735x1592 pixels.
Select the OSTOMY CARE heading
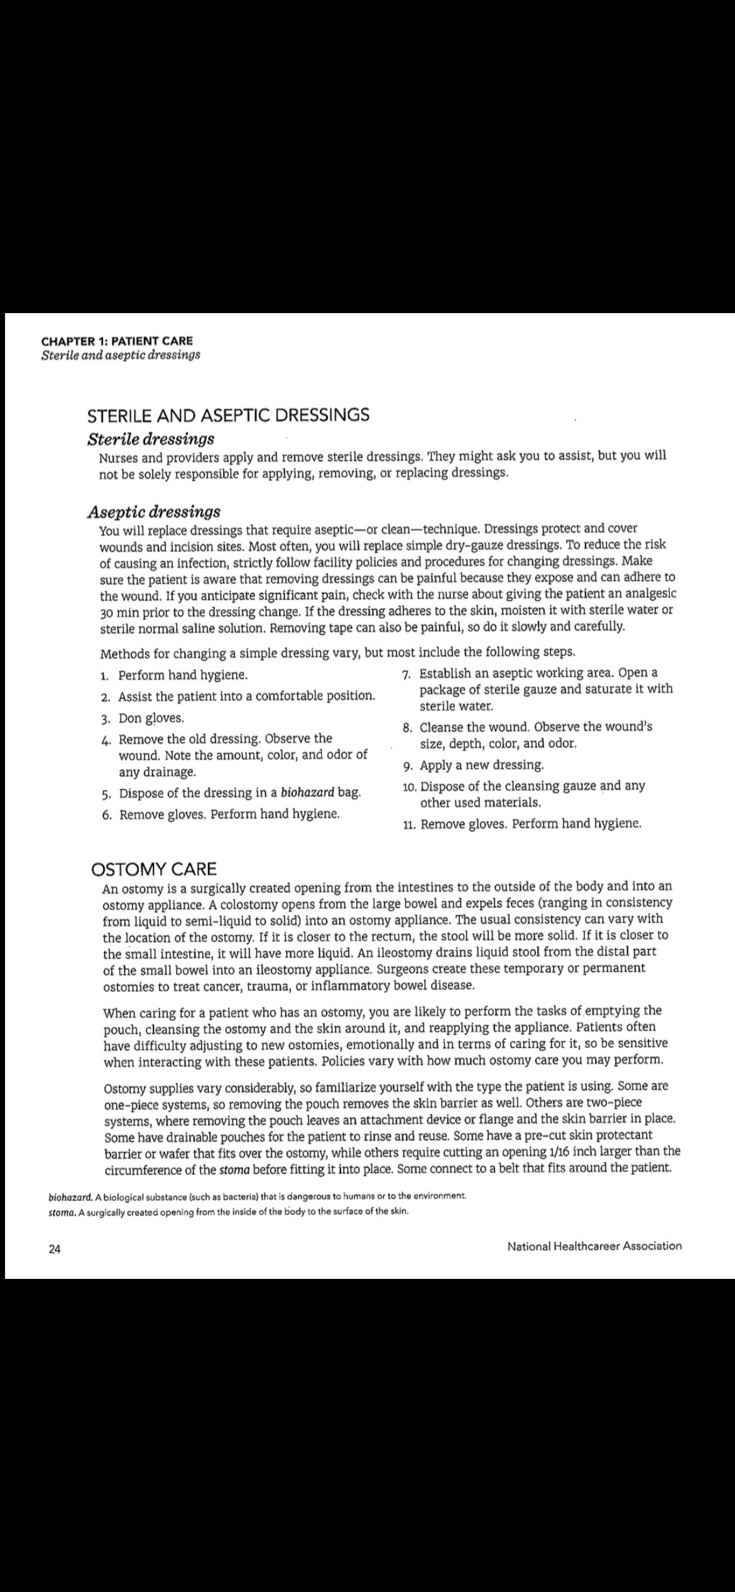point(154,870)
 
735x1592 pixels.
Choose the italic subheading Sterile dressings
point(151,438)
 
